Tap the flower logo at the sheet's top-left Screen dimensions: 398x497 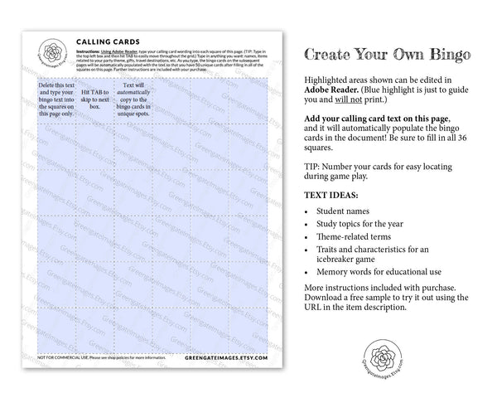pos(55,53)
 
